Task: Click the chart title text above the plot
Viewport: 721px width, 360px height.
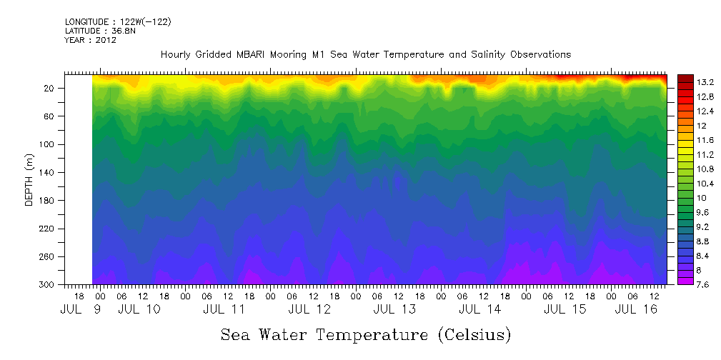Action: coord(365,55)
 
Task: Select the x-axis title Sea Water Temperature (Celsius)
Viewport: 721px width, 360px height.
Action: coord(366,335)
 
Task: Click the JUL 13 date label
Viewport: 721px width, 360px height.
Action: coord(394,309)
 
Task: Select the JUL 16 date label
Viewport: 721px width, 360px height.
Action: coord(636,309)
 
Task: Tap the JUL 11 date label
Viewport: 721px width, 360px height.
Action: coord(224,309)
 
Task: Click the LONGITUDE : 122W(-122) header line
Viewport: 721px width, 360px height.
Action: coord(117,22)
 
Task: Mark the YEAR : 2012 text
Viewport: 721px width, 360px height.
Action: coord(90,40)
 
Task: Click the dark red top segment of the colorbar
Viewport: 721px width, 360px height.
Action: coord(685,78)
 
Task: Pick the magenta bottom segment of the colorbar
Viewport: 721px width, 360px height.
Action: coord(685,281)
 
